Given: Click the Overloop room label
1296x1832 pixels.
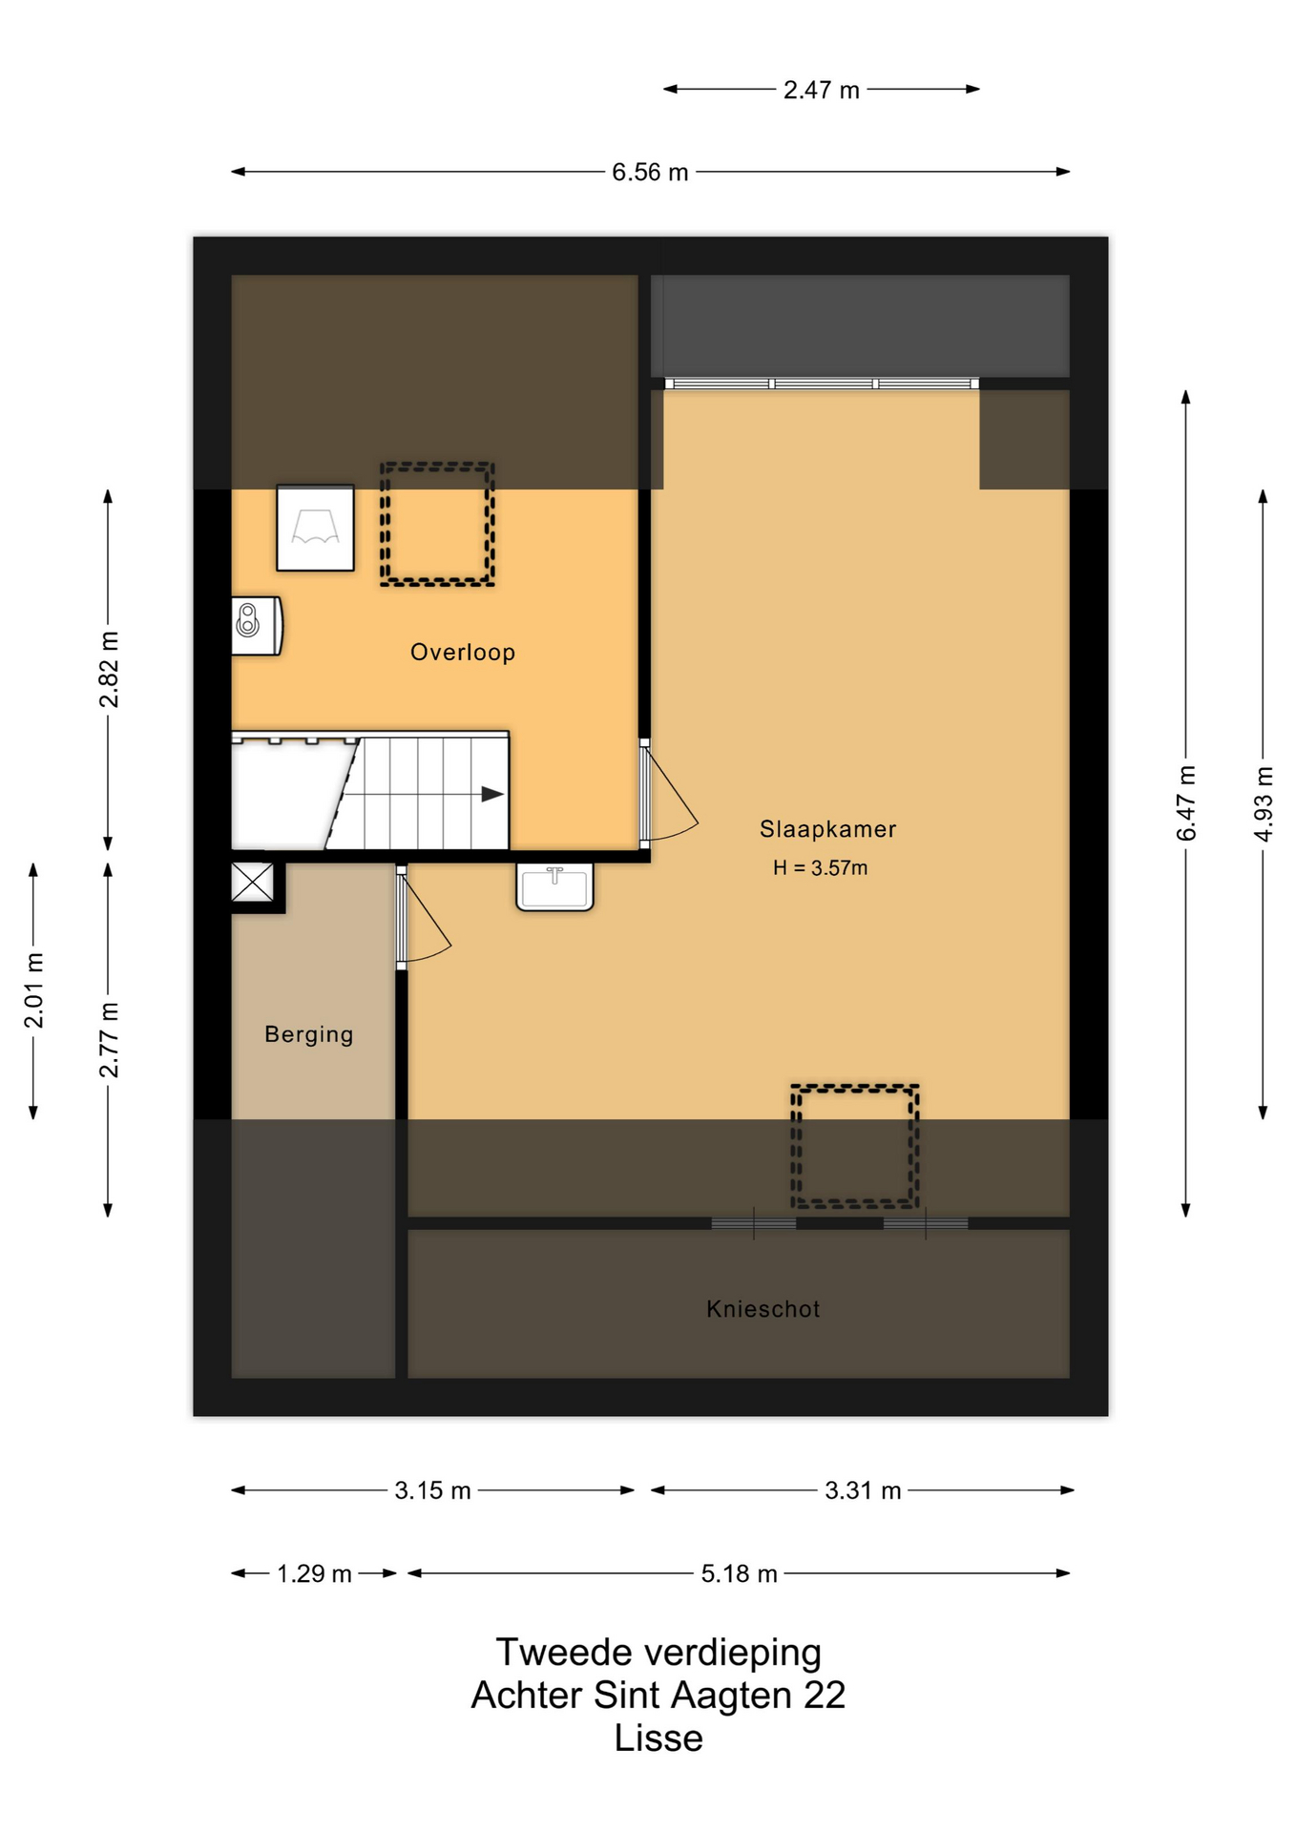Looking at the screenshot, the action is [x=463, y=653].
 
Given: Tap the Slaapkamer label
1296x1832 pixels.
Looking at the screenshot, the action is [x=827, y=830].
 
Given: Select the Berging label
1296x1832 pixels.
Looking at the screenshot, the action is [x=309, y=1035].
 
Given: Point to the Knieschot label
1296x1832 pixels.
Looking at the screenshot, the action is [x=763, y=1309].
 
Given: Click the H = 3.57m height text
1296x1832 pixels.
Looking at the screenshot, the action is [x=821, y=868].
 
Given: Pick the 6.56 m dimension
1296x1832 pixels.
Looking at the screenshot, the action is [x=650, y=173].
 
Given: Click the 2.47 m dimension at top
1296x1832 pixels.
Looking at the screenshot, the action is [x=822, y=91].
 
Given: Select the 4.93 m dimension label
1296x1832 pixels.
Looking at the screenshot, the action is [x=1264, y=804].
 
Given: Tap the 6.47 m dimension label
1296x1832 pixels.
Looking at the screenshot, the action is [x=1186, y=803].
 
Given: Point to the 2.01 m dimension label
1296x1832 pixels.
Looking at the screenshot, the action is [x=33, y=990].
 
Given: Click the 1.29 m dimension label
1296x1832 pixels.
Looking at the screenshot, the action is [x=315, y=1573].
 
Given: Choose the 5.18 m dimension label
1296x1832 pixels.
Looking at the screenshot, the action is [x=740, y=1573].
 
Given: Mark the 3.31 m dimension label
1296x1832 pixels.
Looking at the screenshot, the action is [x=864, y=1490].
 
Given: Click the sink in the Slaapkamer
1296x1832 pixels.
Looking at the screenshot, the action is [x=554, y=886].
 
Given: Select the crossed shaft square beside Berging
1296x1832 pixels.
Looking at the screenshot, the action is [x=253, y=882].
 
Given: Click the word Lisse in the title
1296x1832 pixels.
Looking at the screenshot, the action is [x=658, y=1738].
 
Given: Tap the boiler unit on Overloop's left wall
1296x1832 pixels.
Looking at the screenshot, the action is [x=257, y=626].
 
